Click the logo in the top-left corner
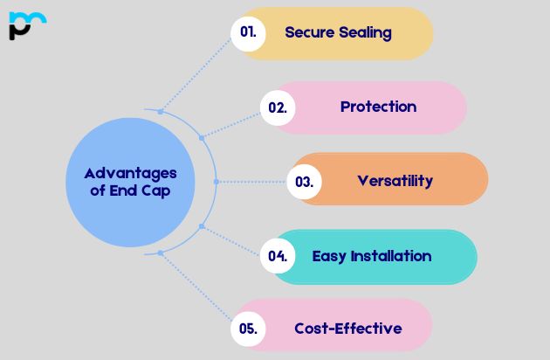coord(27,25)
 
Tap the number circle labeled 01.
coord(248,34)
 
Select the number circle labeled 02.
coord(278,107)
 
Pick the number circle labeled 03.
coord(304,182)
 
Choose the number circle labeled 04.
coord(278,256)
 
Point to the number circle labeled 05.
coord(248,329)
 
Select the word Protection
coord(379,107)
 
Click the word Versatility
coord(395,182)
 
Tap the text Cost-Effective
coord(348,329)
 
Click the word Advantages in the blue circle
coord(130,174)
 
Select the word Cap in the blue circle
coord(155,191)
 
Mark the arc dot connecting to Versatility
coord(217,182)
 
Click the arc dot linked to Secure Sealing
coord(161,112)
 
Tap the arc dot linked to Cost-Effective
coord(161,253)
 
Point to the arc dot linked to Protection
coord(202,138)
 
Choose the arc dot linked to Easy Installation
coord(202,226)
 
